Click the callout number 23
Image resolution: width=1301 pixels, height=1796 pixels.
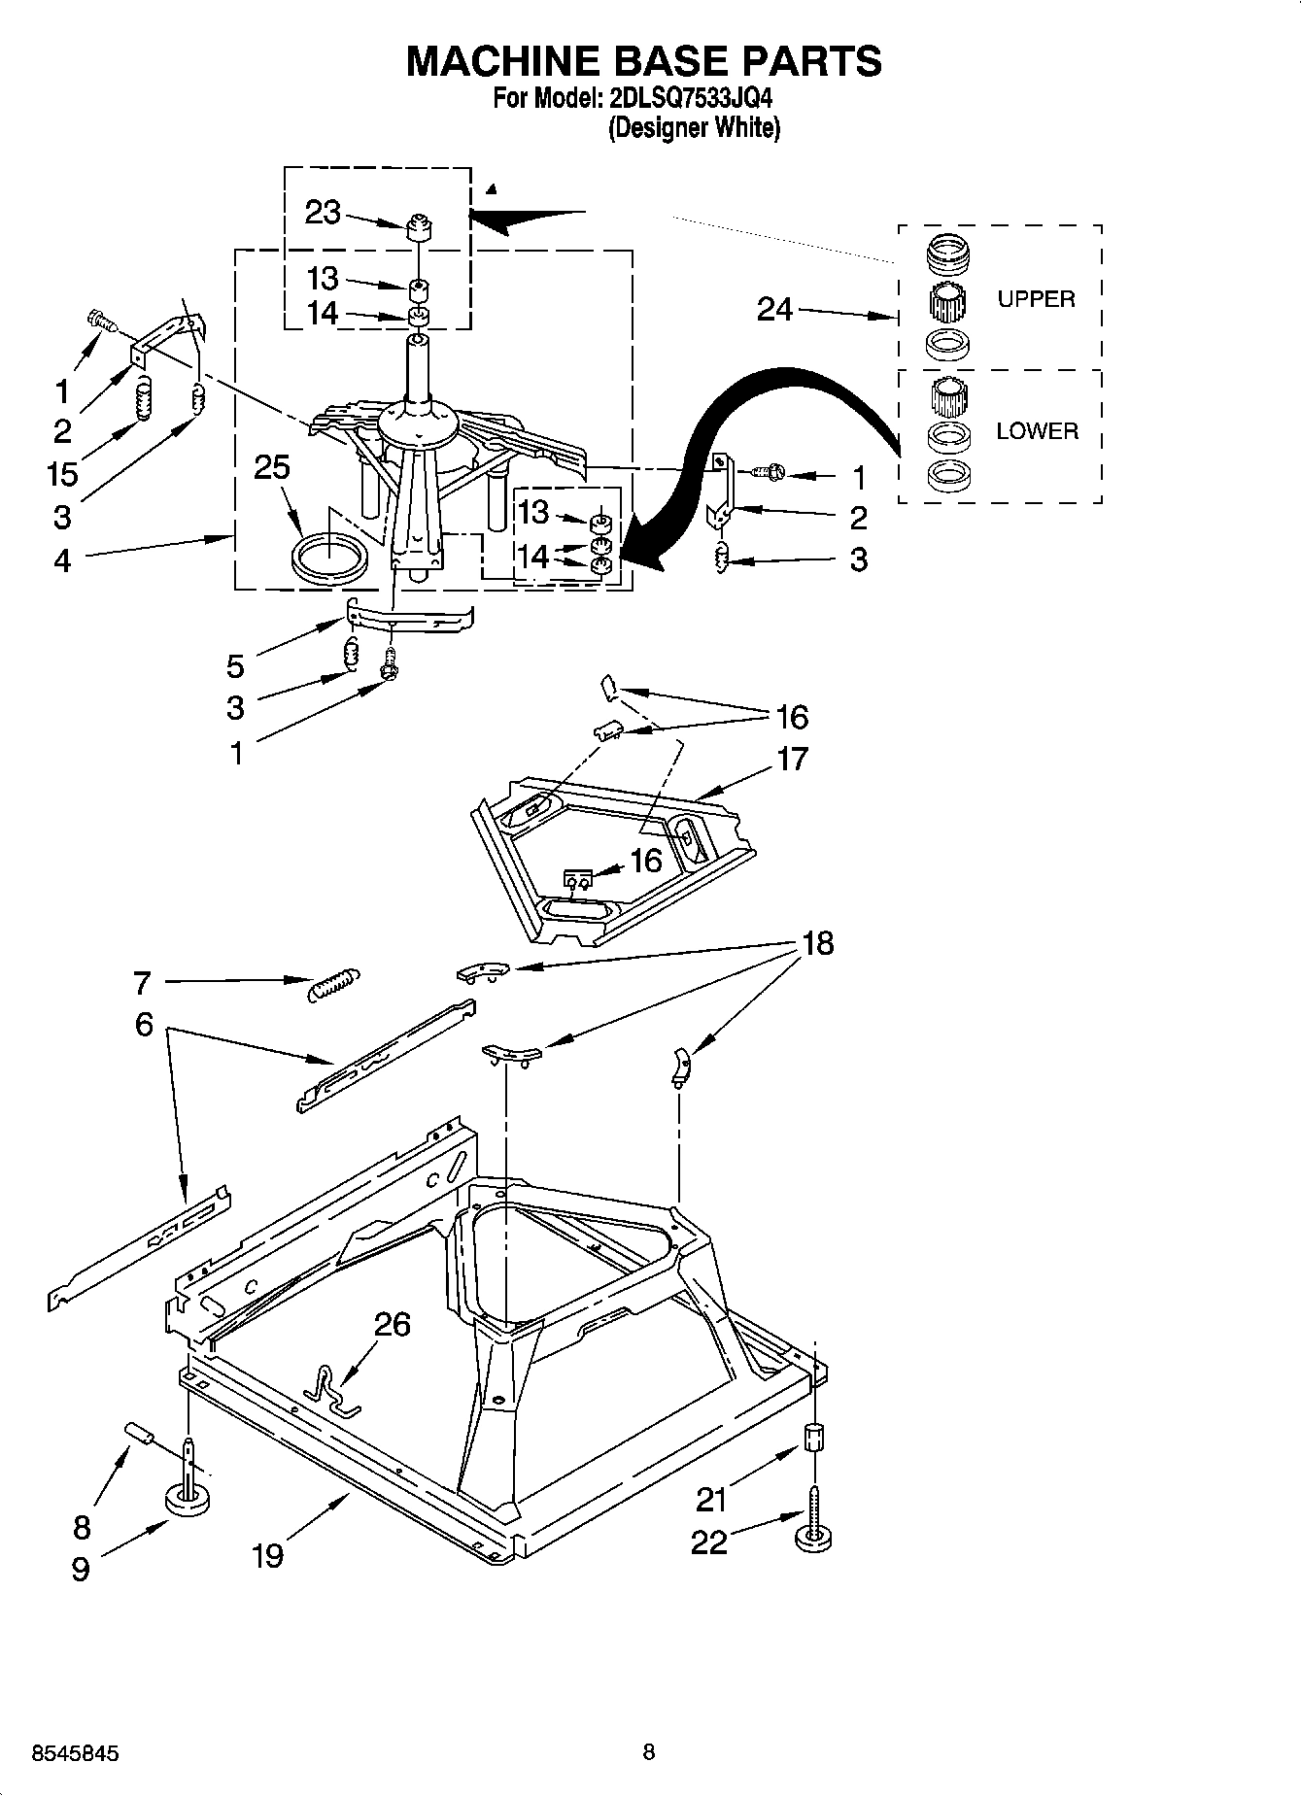click(x=323, y=213)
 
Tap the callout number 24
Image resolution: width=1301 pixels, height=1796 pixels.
click(x=774, y=310)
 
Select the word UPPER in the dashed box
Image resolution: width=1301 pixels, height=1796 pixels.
click(x=1036, y=299)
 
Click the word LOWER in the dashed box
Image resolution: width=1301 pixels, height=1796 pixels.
click(x=1037, y=431)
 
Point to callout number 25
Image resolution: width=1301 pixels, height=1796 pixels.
click(x=272, y=467)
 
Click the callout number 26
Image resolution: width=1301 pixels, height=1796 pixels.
click(x=394, y=1324)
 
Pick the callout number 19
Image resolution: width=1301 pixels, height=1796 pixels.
click(x=268, y=1555)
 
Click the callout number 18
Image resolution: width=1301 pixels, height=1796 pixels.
click(x=818, y=943)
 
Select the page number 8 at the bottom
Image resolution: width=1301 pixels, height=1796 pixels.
click(x=649, y=1752)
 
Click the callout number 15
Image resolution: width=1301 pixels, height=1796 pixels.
click(x=62, y=474)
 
